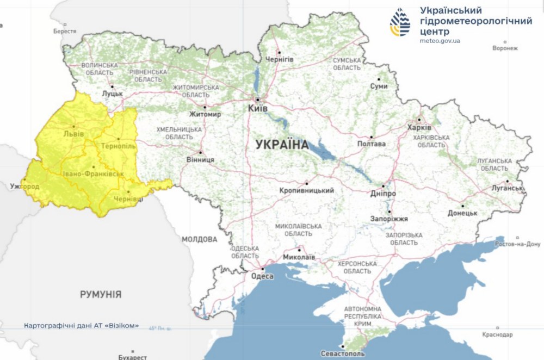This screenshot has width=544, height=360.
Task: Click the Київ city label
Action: tap(257, 109)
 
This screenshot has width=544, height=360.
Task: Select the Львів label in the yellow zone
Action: tap(73, 133)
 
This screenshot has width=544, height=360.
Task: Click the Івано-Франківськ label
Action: tap(92, 173)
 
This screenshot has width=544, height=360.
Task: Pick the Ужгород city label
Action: tap(24, 187)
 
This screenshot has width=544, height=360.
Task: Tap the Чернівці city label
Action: tap(128, 200)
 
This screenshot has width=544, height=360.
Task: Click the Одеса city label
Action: tap(262, 276)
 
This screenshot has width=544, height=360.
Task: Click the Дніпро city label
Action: tap(385, 194)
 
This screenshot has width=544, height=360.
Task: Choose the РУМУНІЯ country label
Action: tap(101, 295)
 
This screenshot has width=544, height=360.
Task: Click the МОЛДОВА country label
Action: tap(199, 239)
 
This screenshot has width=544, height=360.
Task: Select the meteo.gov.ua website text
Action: tap(441, 41)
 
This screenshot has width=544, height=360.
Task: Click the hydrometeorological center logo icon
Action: tap(401, 22)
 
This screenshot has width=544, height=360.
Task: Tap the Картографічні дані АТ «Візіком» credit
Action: tap(81, 326)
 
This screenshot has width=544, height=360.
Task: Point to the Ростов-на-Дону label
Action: tap(517, 244)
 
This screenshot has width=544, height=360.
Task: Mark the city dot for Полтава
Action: tap(372, 137)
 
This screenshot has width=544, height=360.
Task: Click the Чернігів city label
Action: tap(279, 59)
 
